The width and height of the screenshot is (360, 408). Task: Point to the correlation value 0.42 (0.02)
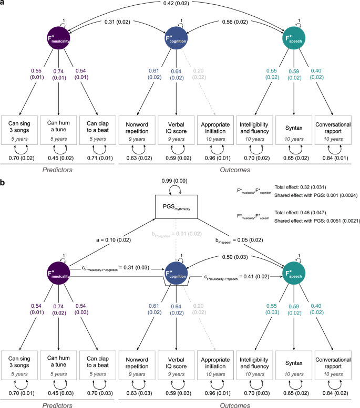coord(180,5)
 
